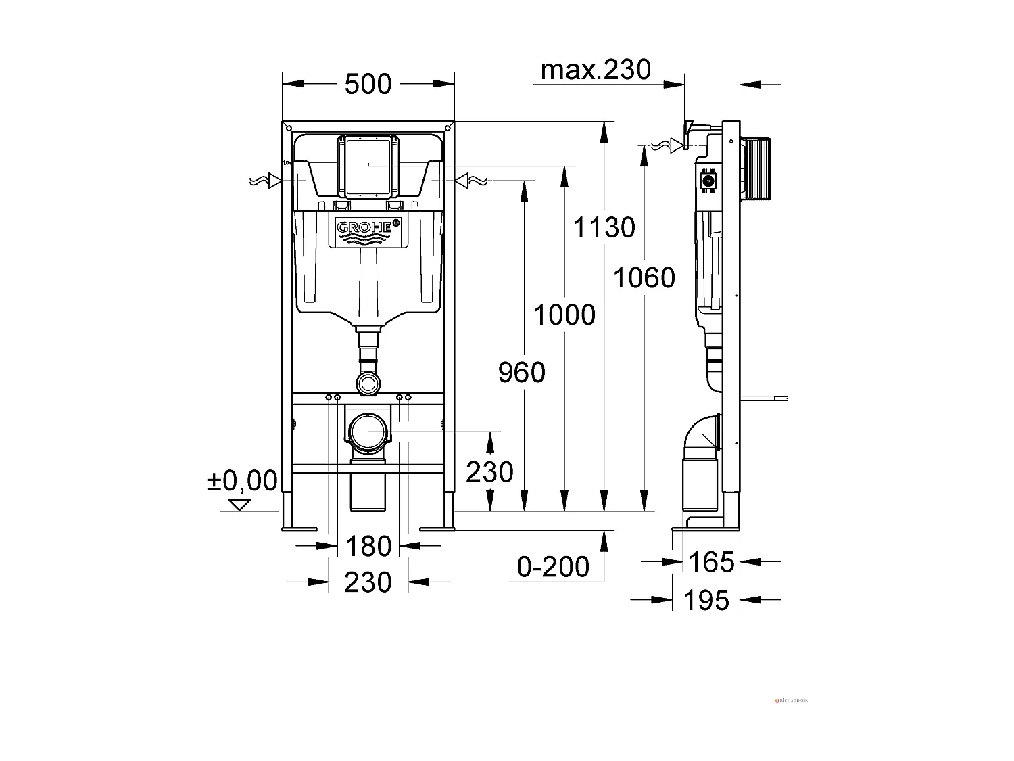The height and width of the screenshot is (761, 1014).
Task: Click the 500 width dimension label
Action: pos(368,85)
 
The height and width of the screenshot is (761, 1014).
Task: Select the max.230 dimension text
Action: pos(596,69)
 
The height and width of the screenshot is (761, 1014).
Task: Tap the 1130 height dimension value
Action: pos(604,228)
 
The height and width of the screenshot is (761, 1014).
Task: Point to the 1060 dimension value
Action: pos(644,278)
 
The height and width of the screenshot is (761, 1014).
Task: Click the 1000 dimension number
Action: pos(564,315)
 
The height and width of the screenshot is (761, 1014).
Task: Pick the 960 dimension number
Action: pos(521,373)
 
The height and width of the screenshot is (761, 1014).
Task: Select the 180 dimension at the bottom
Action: pos(368,546)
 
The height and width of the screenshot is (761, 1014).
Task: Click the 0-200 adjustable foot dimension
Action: pos(553,567)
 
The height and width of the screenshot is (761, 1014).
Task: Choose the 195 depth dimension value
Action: pos(706,600)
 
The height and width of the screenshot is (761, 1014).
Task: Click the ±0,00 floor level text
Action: pos(241,481)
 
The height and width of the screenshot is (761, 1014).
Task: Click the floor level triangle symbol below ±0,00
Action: pos(239,505)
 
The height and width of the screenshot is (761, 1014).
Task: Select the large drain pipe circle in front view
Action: pos(369,432)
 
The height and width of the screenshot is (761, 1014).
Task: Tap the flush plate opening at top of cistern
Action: pos(367,166)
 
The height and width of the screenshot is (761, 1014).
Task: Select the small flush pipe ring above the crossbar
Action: pos(368,384)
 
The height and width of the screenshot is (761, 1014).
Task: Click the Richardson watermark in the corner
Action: pos(792,701)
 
